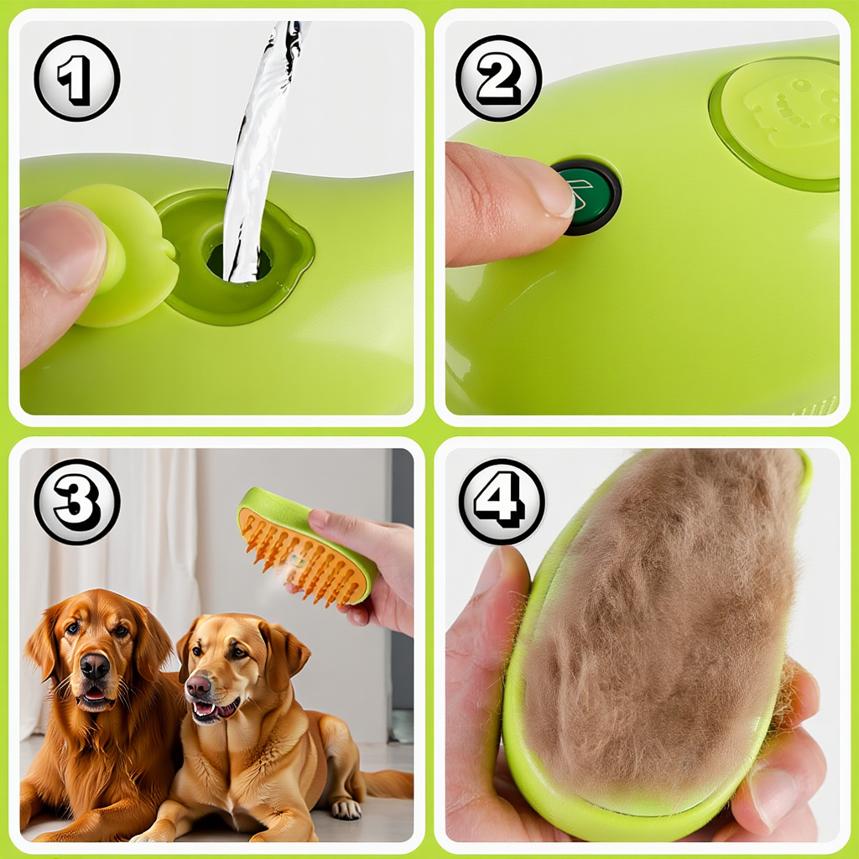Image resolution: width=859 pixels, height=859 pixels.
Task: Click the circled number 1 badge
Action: pyautogui.click(x=76, y=78)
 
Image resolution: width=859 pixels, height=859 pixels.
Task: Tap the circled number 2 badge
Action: pyautogui.click(x=498, y=78)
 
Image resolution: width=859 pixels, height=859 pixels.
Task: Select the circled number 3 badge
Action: pyautogui.click(x=76, y=502)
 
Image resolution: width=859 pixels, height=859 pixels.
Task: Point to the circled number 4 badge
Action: pyautogui.click(x=502, y=502)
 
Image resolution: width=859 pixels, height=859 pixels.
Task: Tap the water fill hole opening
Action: pyautogui.click(x=239, y=259)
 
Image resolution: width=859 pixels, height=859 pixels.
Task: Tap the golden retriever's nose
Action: pyautogui.click(x=95, y=665)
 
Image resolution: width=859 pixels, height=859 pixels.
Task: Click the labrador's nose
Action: pyautogui.click(x=198, y=685)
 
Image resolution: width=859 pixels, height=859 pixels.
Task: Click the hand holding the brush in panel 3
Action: pyautogui.click(x=372, y=570)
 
